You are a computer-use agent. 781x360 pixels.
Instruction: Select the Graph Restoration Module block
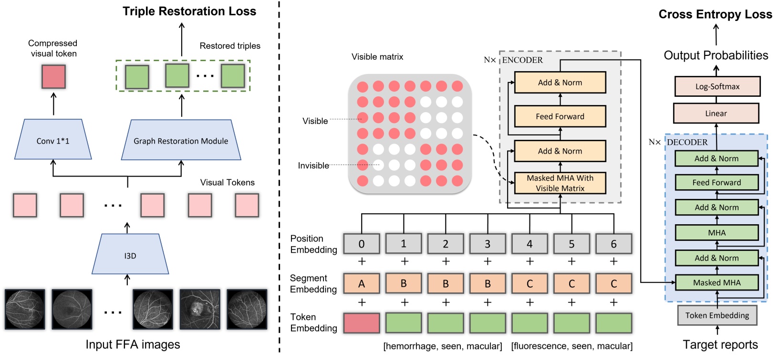[181, 140]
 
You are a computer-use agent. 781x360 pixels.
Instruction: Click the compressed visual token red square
[53, 77]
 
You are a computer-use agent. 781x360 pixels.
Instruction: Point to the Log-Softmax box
[717, 86]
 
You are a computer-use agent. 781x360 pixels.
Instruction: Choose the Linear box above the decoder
[716, 113]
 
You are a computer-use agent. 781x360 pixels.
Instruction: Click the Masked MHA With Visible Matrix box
[560, 183]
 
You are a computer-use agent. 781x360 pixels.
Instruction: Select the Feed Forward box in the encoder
[560, 116]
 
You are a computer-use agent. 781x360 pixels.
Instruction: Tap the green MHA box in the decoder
[717, 233]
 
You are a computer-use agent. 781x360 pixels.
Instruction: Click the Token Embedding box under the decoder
[717, 315]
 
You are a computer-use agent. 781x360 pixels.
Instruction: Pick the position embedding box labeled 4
[530, 244]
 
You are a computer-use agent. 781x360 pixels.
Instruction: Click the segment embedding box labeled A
[362, 284]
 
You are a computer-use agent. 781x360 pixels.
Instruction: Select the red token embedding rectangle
[362, 323]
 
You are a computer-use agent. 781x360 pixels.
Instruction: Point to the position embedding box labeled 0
[362, 244]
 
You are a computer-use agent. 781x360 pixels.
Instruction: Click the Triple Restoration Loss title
[189, 11]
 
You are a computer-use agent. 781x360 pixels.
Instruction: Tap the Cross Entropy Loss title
[715, 14]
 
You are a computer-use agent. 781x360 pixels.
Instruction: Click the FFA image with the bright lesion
[200, 309]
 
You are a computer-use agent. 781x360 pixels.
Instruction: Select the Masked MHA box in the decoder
[717, 283]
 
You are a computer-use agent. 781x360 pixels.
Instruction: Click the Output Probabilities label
[716, 55]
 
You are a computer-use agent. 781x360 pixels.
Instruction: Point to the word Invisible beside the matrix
[313, 165]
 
